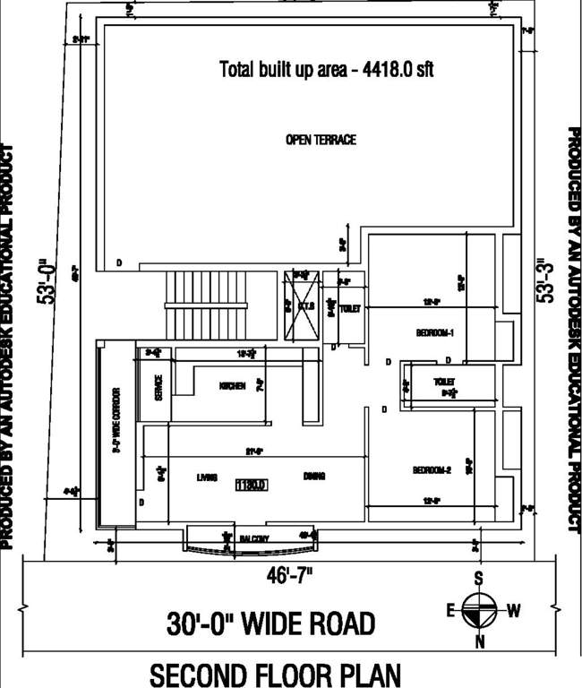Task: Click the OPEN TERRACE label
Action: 321,140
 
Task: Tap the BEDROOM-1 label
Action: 435,333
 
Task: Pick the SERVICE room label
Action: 158,386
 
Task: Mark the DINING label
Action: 313,477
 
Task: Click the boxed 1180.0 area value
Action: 252,485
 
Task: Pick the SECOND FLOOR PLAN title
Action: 275,674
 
